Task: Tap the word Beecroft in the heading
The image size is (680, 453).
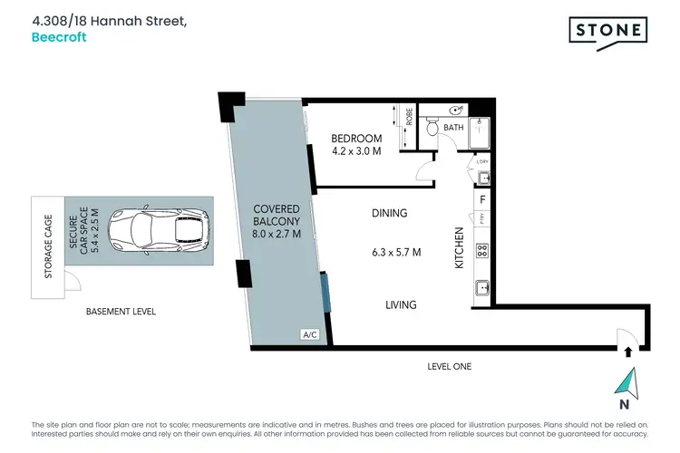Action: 58,38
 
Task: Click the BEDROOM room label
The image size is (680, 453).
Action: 356,138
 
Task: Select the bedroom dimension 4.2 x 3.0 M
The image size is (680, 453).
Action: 356,151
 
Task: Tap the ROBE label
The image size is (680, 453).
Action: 409,117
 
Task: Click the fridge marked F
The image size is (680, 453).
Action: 483,198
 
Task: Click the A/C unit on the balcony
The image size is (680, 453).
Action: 309,335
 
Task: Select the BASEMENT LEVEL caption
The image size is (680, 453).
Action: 121,311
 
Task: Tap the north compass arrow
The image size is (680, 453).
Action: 627,383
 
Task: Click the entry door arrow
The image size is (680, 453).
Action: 626,345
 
